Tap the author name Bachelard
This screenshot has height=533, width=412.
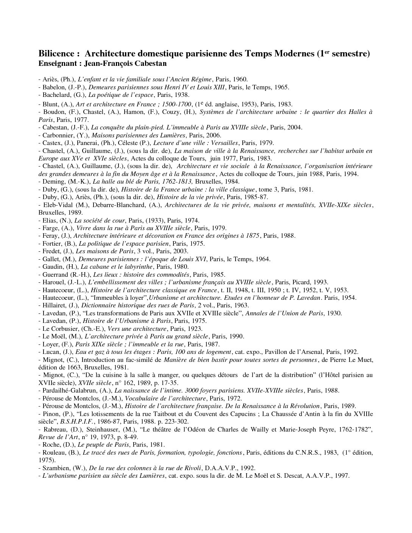(57, 95)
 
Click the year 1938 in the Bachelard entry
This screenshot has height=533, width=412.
(181, 95)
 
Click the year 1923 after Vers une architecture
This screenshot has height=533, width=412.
(194, 329)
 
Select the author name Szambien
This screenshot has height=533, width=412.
(55, 468)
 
